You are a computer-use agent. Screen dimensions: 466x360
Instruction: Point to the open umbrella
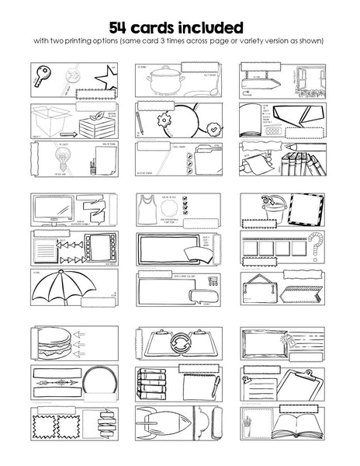tap(68, 285)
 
